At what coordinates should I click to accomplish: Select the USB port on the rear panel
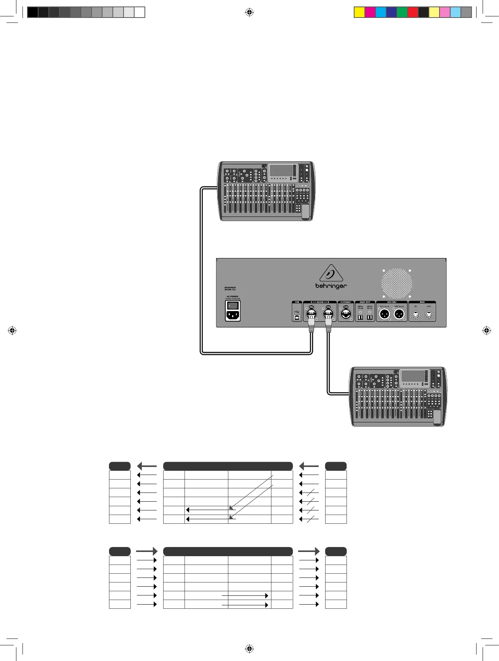297,316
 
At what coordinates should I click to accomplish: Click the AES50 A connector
311,314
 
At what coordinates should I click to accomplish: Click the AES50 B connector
328,314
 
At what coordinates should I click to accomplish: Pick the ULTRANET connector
346,314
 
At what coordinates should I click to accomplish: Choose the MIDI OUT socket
429,315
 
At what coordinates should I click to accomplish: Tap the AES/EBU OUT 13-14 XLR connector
385,314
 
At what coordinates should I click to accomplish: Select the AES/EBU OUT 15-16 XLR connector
399,314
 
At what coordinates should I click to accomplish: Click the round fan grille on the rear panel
397,283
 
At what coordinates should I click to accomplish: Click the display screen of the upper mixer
281,170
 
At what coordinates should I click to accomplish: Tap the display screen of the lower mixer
413,376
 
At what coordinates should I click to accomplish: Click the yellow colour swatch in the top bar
359,12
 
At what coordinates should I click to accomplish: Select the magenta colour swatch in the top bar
370,12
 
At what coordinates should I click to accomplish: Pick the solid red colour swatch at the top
413,12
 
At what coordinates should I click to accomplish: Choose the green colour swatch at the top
402,12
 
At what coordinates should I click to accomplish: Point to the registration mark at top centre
249,12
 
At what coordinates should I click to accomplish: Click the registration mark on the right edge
487,330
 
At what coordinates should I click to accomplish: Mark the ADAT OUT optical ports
365,316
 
